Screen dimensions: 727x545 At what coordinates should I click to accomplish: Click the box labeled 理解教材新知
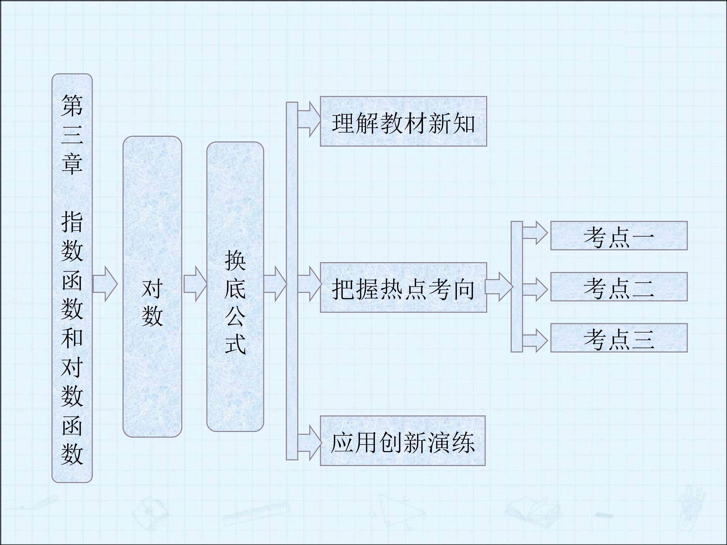[x=403, y=121]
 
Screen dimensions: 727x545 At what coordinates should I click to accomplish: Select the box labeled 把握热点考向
[x=403, y=287]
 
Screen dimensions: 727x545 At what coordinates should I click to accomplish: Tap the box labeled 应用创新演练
[x=403, y=441]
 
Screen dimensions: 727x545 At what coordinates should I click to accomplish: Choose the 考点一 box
[x=619, y=236]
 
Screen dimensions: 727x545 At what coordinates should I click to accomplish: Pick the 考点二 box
[x=619, y=286]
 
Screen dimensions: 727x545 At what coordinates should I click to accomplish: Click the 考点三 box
[x=619, y=338]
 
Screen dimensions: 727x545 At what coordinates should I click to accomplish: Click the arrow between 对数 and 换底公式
[x=195, y=284]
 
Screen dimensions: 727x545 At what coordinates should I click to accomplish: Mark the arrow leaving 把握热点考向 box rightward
[x=499, y=286]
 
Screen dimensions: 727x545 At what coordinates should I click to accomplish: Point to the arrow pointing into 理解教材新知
[x=309, y=119]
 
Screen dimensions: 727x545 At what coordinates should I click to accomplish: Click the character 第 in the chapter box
[x=72, y=105]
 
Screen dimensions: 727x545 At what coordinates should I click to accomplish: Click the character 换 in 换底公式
[x=235, y=260]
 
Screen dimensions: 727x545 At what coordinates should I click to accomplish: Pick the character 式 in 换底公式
[x=235, y=344]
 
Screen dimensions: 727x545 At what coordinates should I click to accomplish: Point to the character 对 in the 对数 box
[x=152, y=289]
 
